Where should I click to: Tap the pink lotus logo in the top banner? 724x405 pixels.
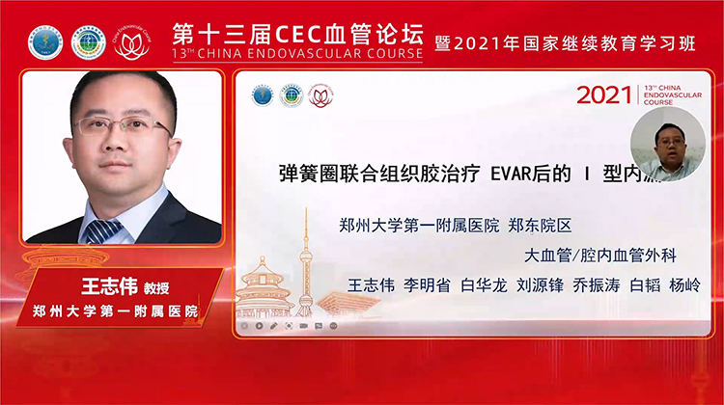tap(132, 41)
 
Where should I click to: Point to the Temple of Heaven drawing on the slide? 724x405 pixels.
tap(265, 289)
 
